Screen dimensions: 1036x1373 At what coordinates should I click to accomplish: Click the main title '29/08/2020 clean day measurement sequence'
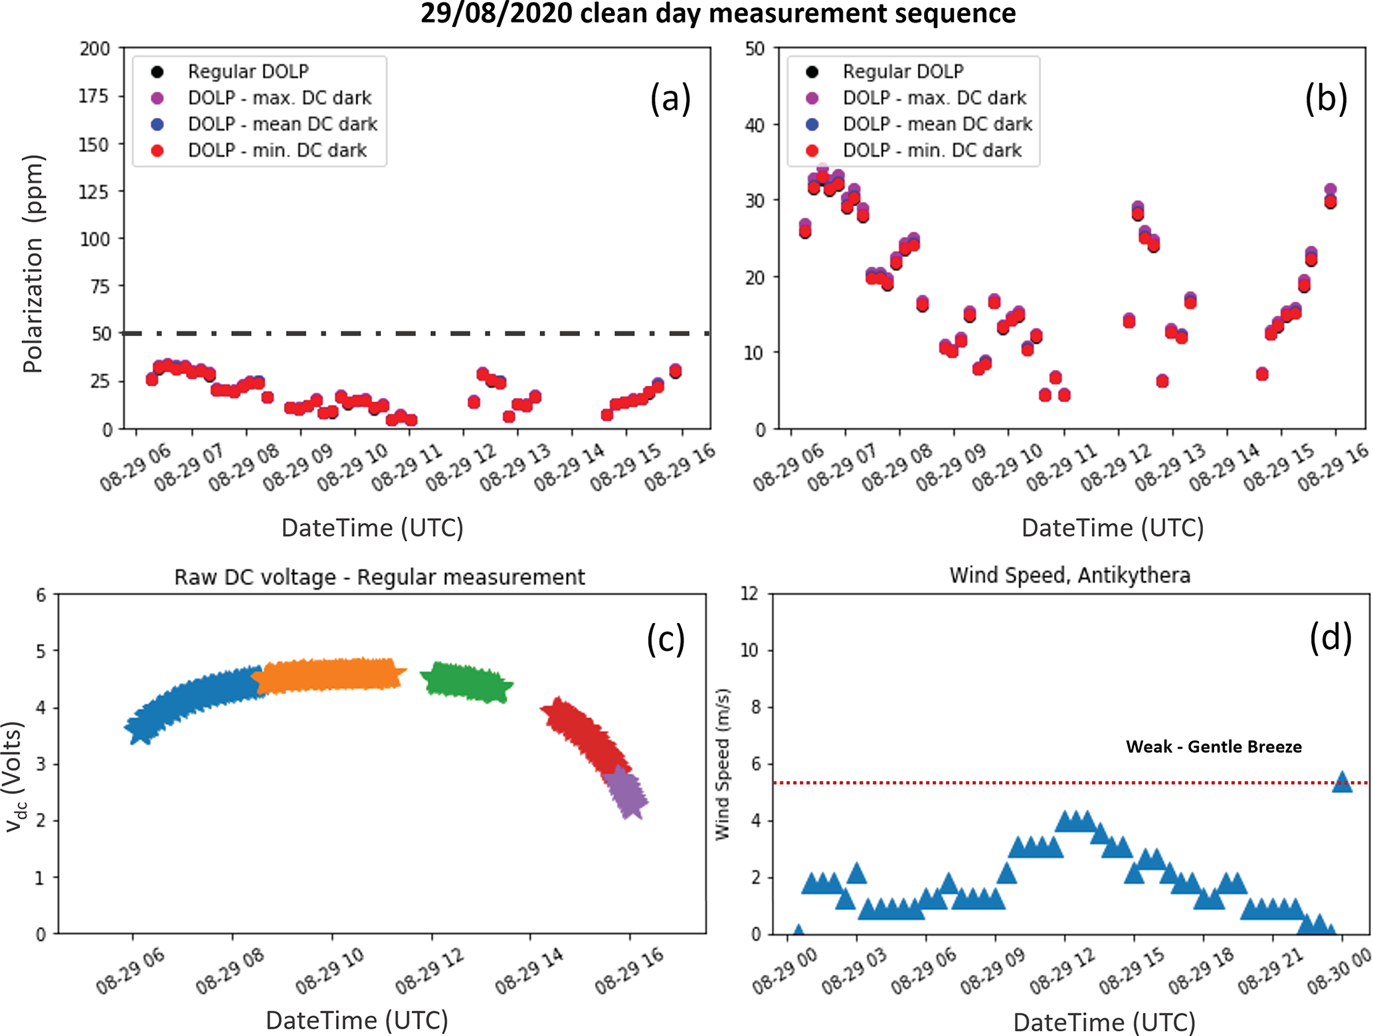717,13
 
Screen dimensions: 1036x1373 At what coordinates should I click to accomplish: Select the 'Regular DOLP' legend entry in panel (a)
248,71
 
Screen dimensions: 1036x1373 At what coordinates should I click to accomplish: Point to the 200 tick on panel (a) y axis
95,48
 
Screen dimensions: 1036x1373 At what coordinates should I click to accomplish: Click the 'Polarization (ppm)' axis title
33,264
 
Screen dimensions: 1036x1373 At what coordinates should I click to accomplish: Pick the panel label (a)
670,98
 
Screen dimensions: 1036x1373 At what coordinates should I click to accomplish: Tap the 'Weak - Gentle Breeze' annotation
1214,746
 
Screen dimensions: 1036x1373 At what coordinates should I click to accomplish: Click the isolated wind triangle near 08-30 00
1342,782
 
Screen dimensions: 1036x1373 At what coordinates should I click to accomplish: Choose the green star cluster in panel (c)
467,682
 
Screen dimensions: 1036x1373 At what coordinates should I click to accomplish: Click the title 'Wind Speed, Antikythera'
1069,575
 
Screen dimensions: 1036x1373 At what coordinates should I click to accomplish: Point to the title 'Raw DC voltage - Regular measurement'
379,577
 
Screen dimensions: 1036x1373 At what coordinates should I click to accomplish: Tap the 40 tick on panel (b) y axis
755,125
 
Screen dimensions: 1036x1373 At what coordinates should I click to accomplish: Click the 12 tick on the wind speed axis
749,594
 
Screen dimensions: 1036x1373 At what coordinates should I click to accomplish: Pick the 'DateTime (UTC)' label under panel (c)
357,1020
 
